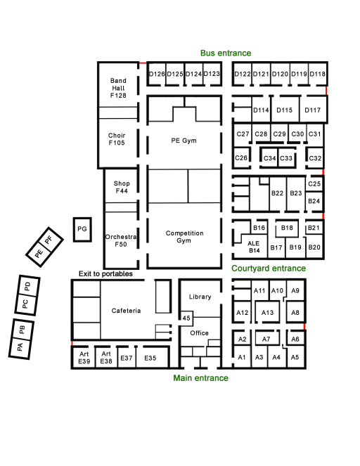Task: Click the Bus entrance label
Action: click(x=226, y=53)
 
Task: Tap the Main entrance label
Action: click(x=200, y=378)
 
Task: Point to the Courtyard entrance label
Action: click(x=269, y=268)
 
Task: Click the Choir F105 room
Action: click(x=118, y=143)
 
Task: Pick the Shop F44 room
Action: click(x=121, y=186)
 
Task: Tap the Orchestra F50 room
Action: click(x=121, y=240)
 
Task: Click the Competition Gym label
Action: click(x=184, y=237)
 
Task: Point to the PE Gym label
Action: click(x=184, y=141)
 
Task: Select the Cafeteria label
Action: click(x=126, y=311)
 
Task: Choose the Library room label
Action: click(x=200, y=297)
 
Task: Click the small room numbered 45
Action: click(x=186, y=318)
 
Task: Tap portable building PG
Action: click(x=82, y=229)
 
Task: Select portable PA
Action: click(x=20, y=347)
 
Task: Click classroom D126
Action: click(x=156, y=74)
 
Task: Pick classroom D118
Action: click(x=318, y=74)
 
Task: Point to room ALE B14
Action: click(x=254, y=247)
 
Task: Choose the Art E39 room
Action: click(x=84, y=358)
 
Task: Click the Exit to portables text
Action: click(x=105, y=273)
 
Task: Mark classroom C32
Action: click(x=315, y=158)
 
